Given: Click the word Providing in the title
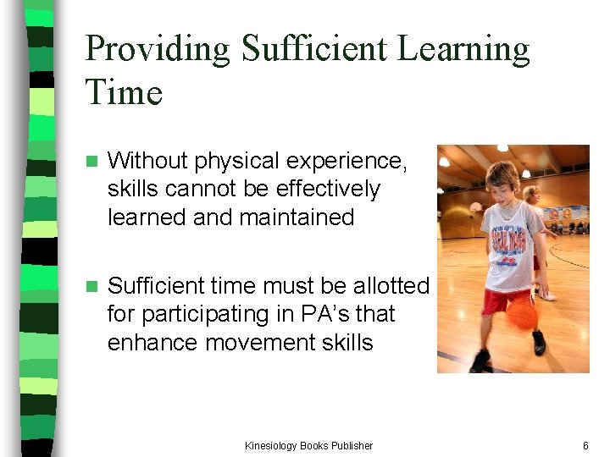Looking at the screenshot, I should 158,50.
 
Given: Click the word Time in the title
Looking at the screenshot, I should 124,91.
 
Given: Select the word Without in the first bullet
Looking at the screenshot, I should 148,160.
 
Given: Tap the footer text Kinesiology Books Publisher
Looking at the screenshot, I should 308,445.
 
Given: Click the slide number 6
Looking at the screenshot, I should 585,445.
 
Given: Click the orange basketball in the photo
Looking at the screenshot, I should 522,314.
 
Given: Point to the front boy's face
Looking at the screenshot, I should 502,185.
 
